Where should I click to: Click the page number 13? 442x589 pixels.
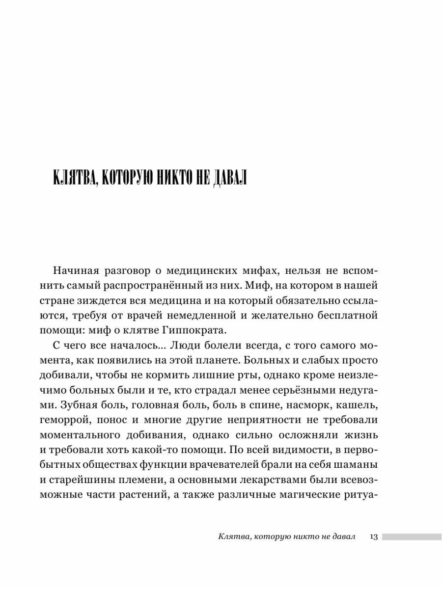click(x=373, y=536)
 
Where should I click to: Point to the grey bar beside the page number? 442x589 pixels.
click(x=412, y=536)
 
